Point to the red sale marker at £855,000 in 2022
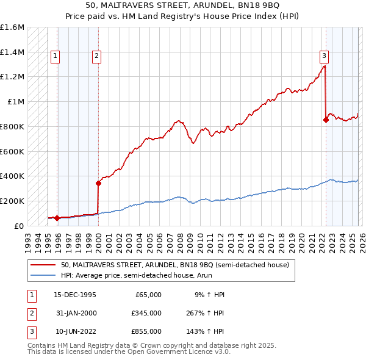click(326, 120)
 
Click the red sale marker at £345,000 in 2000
click(98, 182)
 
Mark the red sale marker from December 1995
click(57, 218)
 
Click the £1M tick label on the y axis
click(16, 102)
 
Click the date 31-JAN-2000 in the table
click(76, 313)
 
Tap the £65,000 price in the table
click(147, 294)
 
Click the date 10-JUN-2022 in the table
click(76, 331)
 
